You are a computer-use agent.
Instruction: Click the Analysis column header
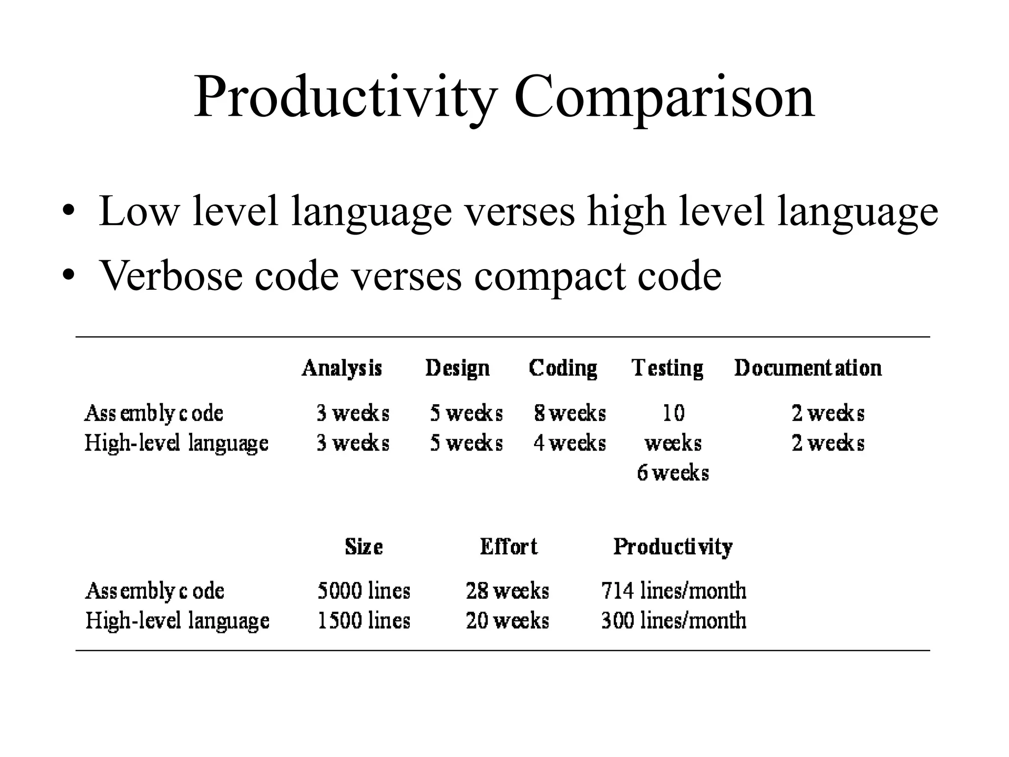tap(342, 369)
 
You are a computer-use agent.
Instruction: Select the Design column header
tap(458, 369)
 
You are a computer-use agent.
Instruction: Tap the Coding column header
tap(563, 369)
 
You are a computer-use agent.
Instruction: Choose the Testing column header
tap(668, 369)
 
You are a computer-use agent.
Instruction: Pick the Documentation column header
tap(808, 369)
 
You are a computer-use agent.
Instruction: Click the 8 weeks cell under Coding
tap(570, 413)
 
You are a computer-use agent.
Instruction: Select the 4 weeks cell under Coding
tap(570, 443)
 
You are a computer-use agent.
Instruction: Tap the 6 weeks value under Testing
tap(673, 473)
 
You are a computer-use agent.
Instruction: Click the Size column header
tap(364, 547)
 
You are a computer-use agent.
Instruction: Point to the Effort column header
tap(508, 547)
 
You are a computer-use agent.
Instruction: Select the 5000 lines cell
tap(364, 590)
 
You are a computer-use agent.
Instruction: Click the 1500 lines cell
tap(364, 620)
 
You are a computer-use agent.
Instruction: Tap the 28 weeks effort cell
tap(507, 590)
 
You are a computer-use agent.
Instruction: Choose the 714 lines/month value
tap(673, 590)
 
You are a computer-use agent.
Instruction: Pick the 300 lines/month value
tap(673, 620)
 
